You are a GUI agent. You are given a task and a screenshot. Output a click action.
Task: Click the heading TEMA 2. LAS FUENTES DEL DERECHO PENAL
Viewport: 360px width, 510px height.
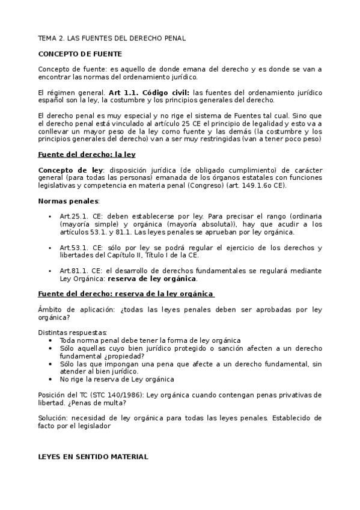(x=112, y=38)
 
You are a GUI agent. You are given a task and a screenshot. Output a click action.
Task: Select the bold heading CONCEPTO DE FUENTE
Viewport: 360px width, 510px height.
(x=79, y=54)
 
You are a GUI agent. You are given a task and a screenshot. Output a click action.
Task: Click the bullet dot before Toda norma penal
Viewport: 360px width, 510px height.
(x=49, y=340)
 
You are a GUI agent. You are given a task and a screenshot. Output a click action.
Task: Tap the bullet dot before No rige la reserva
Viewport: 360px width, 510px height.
(x=49, y=379)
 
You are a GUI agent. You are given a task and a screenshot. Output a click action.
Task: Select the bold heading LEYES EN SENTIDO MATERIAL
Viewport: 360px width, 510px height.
(x=93, y=457)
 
